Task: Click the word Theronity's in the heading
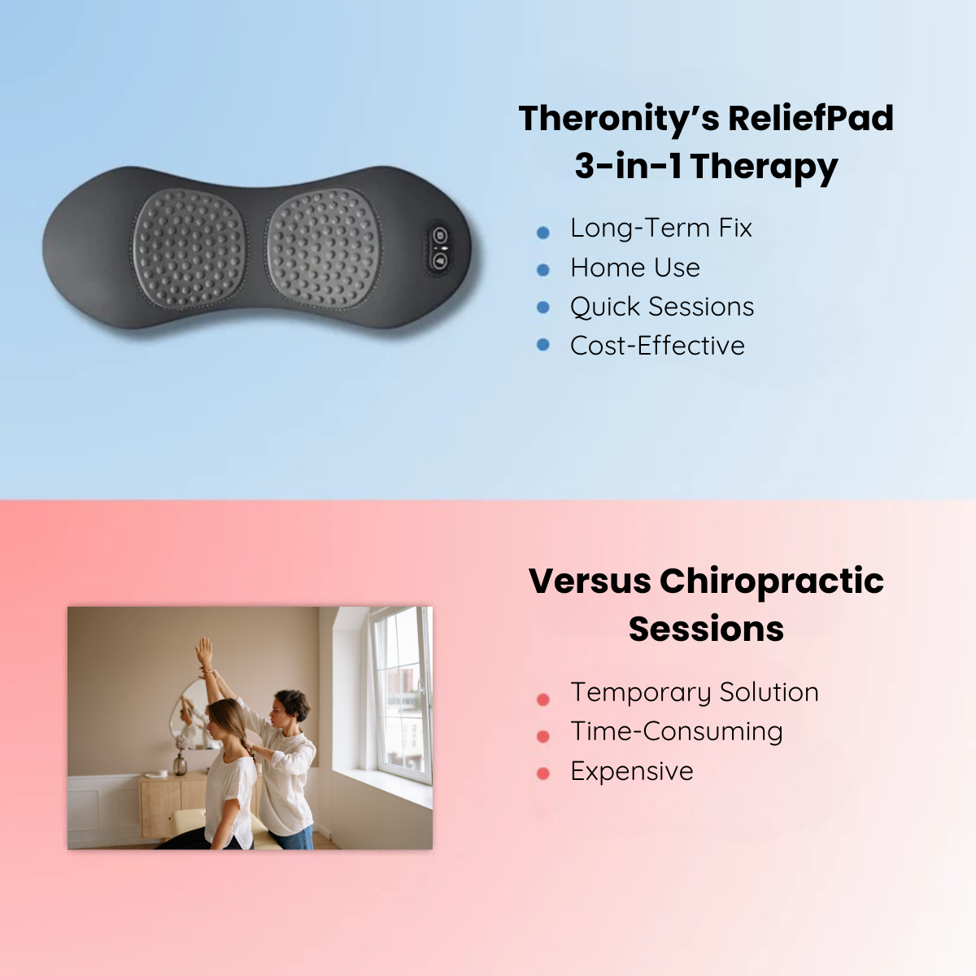619,120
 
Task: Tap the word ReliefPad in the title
811,118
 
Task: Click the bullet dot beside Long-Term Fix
543,233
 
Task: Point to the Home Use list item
635,268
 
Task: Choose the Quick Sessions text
662,307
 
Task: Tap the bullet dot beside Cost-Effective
543,345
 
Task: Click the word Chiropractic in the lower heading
771,582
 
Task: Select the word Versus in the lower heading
590,581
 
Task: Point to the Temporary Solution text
695,693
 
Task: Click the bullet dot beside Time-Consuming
543,736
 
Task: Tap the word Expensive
632,772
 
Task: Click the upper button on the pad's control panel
440,236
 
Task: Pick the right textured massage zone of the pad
323,249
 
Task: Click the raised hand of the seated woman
203,651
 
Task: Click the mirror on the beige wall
191,715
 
